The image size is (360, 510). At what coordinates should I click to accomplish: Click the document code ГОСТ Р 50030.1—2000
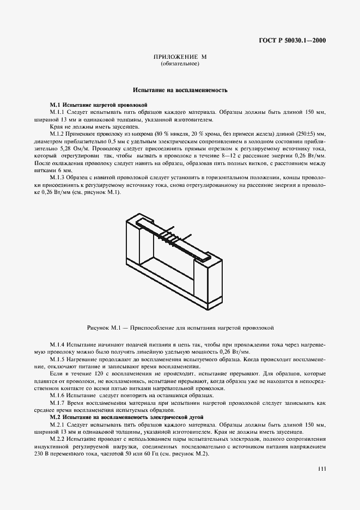click(x=292, y=41)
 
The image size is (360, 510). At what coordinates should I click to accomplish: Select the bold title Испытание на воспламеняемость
click(x=180, y=89)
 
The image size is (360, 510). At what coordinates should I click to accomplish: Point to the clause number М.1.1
click(x=57, y=112)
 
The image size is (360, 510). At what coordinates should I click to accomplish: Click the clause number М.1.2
click(x=57, y=133)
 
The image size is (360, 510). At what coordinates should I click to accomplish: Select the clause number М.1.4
click(x=57, y=345)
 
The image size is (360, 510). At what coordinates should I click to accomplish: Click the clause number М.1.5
click(x=57, y=360)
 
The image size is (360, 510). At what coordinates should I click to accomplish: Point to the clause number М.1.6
click(x=57, y=395)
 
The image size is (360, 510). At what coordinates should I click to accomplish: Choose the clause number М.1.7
click(x=57, y=402)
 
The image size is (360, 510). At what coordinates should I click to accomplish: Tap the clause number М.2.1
click(x=57, y=424)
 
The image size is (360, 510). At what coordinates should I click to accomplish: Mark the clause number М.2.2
click(x=57, y=438)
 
